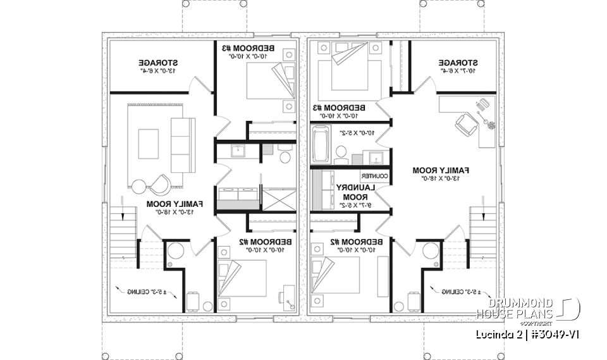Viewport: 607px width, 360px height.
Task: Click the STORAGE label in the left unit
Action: tap(157, 63)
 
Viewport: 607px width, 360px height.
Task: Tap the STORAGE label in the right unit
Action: tap(457, 63)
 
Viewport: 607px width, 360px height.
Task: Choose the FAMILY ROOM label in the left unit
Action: tap(175, 204)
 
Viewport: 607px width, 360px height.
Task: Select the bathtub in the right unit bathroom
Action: tap(321, 145)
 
